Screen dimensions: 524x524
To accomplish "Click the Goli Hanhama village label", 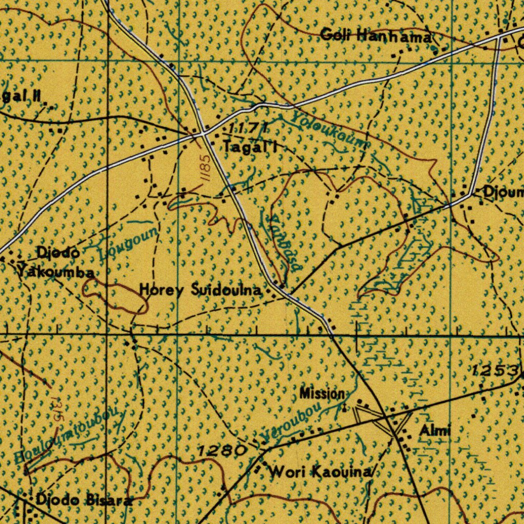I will (x=376, y=36).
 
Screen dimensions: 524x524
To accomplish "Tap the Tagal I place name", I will (x=250, y=147).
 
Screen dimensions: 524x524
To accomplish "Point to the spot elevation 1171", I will (x=248, y=127).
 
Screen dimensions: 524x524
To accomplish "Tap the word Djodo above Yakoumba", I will (x=58, y=252).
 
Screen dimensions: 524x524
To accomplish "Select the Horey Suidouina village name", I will (x=201, y=290).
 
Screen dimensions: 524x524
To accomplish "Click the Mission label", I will (x=322, y=394).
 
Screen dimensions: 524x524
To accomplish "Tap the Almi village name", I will (x=435, y=431).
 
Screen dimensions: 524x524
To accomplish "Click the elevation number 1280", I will (x=223, y=451).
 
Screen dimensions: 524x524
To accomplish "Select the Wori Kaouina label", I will (x=320, y=471).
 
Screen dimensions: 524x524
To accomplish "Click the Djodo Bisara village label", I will (x=82, y=500).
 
